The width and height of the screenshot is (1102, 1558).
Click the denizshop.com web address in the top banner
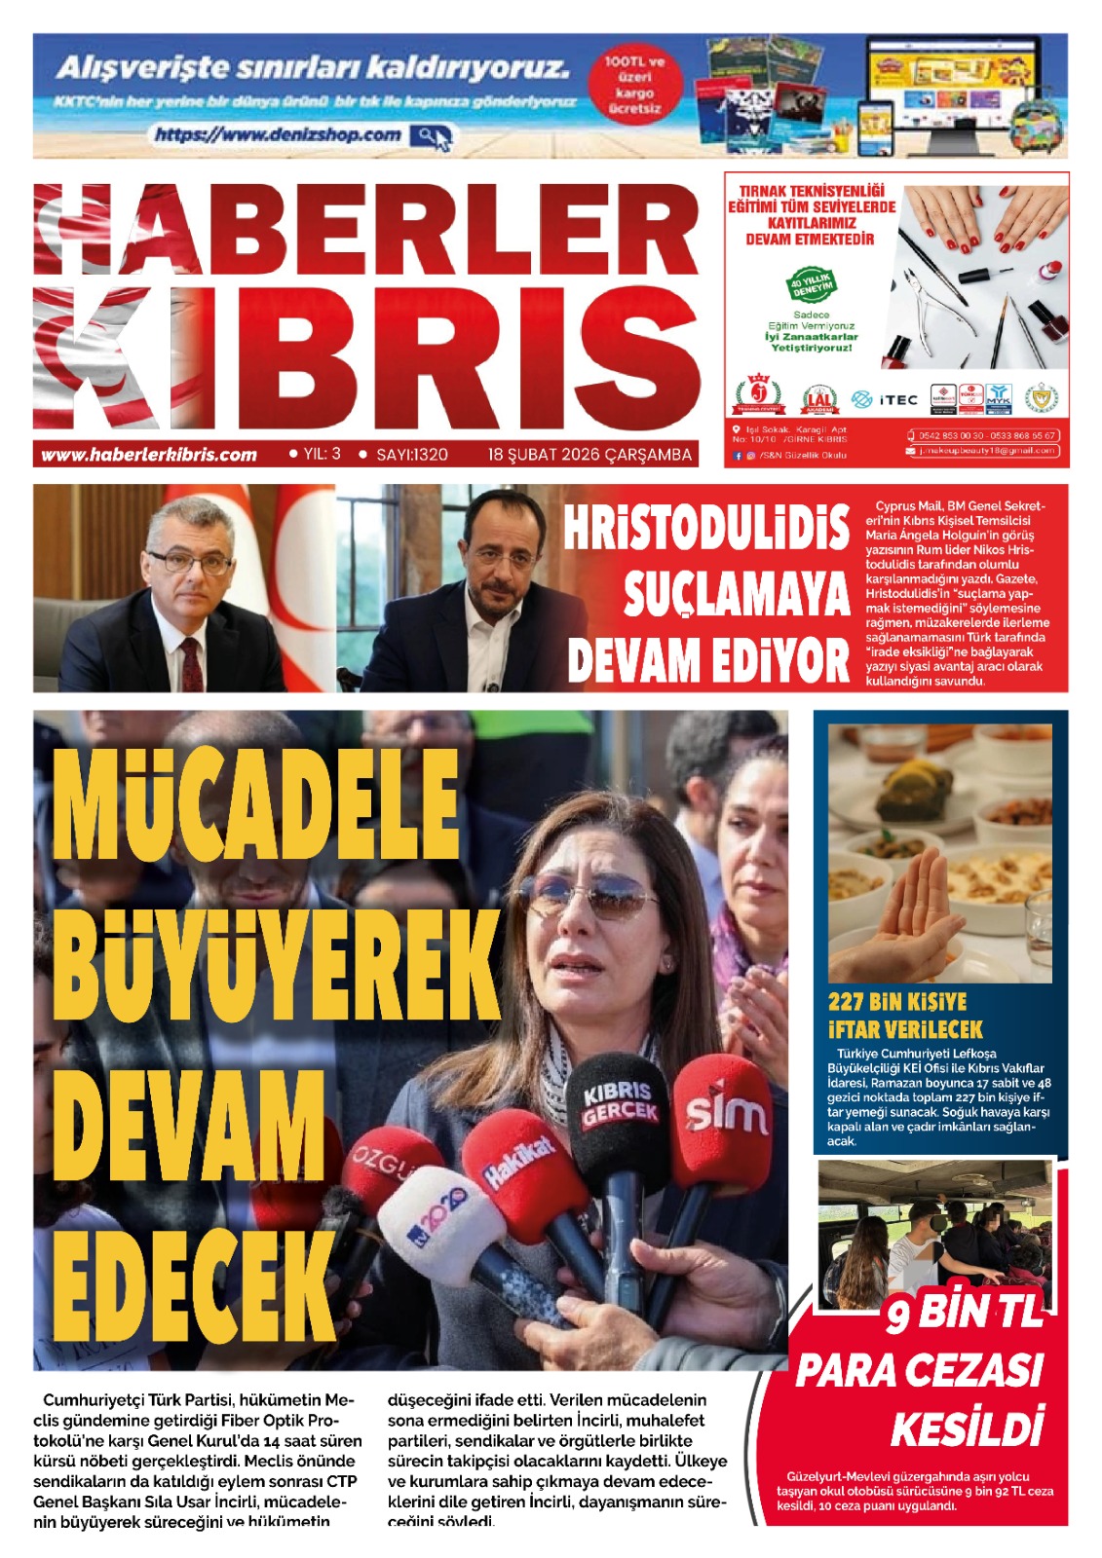tap(278, 135)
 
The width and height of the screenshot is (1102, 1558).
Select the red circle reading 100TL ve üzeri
tap(633, 85)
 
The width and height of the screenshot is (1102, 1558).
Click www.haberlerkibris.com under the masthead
tap(149, 455)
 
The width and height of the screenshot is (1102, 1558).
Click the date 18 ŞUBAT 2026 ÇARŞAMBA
tap(589, 455)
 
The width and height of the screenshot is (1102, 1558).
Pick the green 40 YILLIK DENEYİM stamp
tap(812, 285)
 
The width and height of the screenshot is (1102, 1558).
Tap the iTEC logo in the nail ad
tap(885, 399)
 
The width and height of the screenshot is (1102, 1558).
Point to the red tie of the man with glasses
tap(191, 662)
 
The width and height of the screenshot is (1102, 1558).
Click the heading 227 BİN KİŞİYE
tap(897, 1002)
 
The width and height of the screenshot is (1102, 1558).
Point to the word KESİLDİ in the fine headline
tap(967, 1428)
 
